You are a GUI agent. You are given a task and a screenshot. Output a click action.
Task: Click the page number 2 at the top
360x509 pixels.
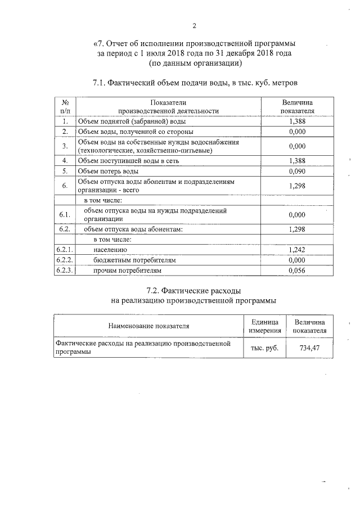195,25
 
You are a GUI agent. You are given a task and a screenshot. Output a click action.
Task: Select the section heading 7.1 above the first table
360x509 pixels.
195,83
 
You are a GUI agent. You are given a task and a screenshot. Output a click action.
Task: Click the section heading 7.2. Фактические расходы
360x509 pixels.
194,291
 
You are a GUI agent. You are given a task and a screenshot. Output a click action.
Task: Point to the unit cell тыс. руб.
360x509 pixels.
264,348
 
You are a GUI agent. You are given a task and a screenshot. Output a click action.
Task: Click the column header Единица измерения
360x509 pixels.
264,326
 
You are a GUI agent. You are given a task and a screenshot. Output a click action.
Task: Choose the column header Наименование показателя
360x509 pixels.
149,326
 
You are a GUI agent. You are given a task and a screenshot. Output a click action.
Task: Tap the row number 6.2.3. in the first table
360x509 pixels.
65,271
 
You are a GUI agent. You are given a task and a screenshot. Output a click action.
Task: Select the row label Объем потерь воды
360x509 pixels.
107,171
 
